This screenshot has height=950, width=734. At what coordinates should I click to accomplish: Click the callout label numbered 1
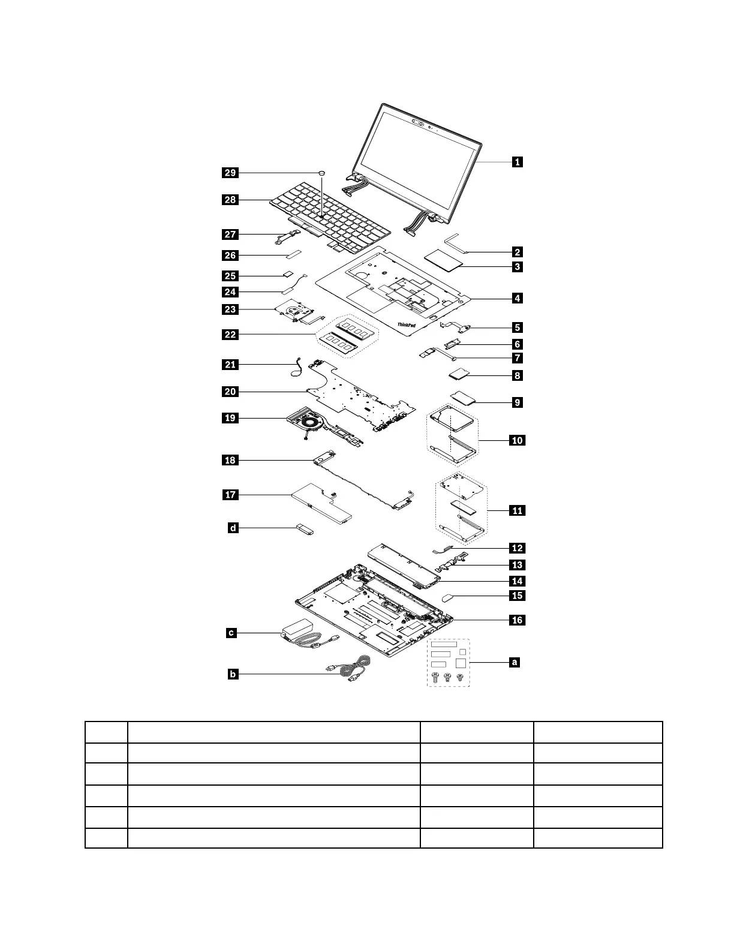click(x=516, y=161)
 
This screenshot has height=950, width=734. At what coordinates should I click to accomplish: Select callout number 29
click(x=230, y=173)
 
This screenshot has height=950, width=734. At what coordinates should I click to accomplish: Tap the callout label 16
click(x=516, y=620)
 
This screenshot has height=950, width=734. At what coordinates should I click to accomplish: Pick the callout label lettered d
click(x=233, y=528)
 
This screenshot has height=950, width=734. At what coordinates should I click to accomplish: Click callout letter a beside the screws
click(x=513, y=662)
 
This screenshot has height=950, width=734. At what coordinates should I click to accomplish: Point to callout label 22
click(x=230, y=335)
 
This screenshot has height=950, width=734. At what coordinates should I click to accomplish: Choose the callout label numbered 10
click(x=516, y=440)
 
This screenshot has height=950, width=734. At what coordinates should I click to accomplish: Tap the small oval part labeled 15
click(x=450, y=597)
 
